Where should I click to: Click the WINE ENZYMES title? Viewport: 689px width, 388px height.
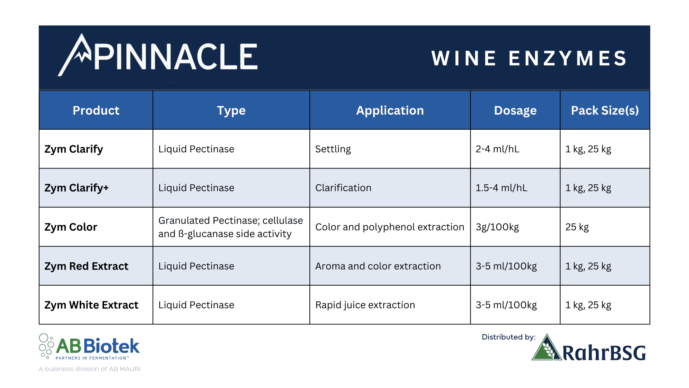tap(529, 58)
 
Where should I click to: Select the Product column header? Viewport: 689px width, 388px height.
tap(96, 110)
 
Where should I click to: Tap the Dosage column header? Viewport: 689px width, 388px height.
tap(515, 111)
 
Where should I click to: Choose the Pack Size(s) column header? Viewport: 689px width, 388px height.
tap(605, 111)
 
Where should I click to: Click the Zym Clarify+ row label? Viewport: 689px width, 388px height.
tap(76, 188)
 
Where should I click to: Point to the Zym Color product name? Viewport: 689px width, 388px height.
tap(71, 227)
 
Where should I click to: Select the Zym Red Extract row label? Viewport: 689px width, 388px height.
tap(86, 266)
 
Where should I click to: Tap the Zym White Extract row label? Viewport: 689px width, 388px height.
tap(91, 305)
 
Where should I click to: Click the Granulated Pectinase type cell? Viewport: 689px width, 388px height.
tap(231, 227)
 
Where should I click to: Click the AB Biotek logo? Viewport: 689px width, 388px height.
tap(89, 347)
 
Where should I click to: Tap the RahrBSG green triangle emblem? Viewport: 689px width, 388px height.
tap(547, 347)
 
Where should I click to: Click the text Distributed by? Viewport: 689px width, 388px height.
tap(508, 337)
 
